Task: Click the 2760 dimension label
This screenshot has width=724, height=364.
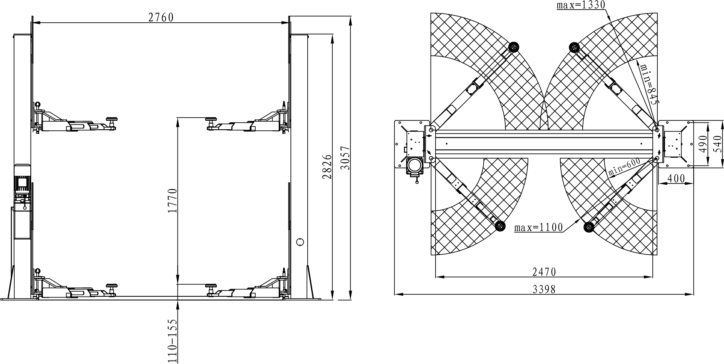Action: coord(161,18)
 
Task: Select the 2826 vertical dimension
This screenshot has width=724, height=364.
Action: coord(327,167)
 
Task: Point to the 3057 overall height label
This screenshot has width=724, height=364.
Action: coord(345,158)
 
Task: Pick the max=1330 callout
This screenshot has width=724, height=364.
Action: coord(581,5)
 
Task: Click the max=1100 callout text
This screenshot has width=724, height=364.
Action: coord(538,227)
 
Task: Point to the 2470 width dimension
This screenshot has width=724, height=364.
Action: coord(544,272)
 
